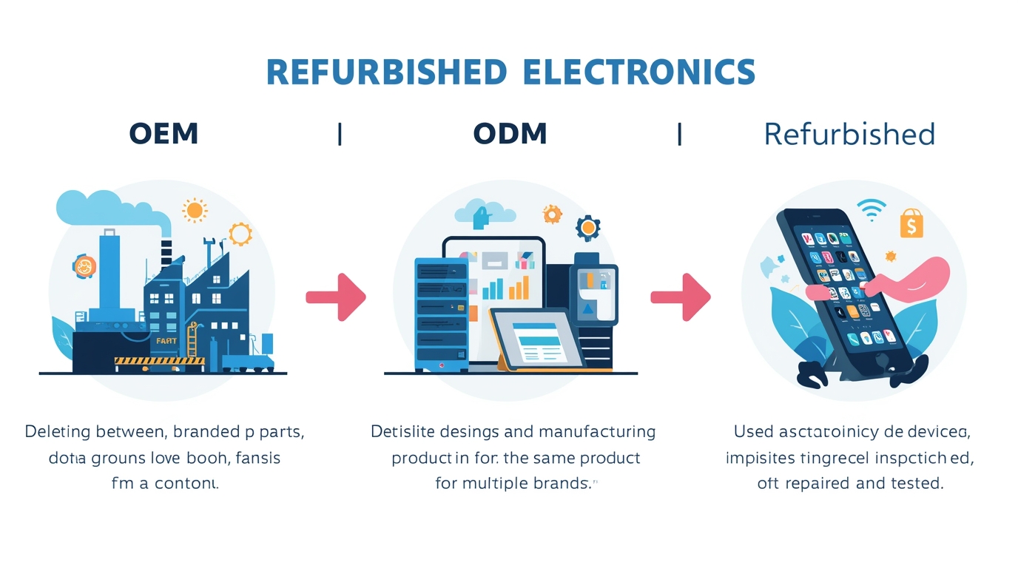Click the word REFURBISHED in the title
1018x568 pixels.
[385, 72]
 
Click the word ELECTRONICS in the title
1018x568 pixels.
[638, 72]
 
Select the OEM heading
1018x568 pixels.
[164, 134]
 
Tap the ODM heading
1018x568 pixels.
[510, 134]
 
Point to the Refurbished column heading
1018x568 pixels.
[849, 135]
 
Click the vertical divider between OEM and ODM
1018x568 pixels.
[340, 135]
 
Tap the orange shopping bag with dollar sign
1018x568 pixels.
[911, 223]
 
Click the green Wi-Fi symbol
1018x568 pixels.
[872, 209]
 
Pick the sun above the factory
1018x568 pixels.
[195, 210]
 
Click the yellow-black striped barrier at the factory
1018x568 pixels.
[158, 361]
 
